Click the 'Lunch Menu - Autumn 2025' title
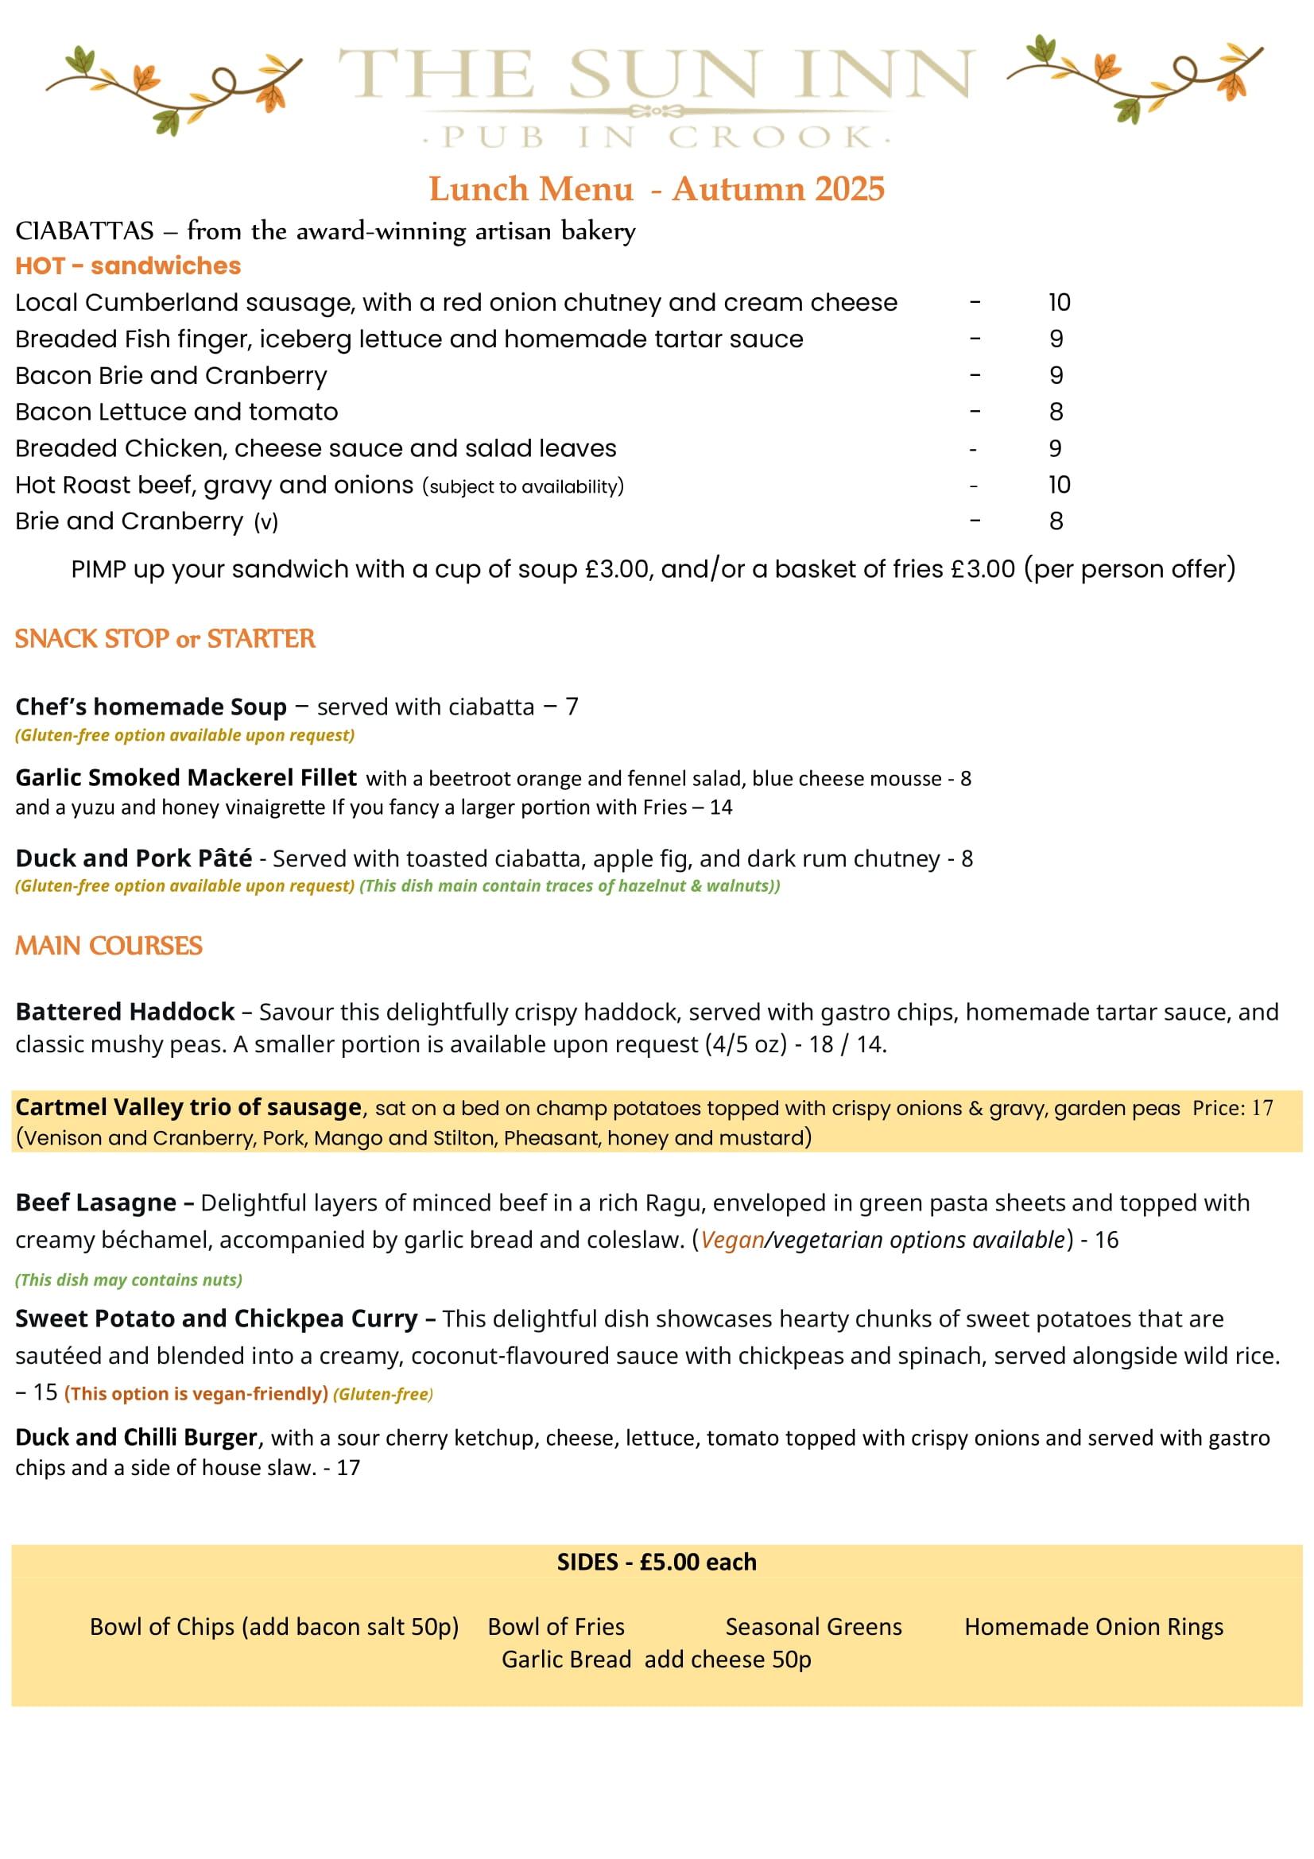(656, 189)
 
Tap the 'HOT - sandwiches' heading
(128, 265)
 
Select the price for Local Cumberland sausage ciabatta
(1058, 303)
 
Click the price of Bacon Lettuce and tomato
(1056, 412)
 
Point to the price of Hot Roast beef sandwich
(1058, 485)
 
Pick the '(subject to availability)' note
(522, 486)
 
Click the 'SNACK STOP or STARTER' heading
(165, 639)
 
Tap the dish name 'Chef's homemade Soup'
(150, 707)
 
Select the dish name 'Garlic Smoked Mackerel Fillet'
(185, 777)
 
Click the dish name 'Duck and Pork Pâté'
(134, 858)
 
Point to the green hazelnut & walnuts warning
(569, 885)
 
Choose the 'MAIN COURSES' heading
(108, 946)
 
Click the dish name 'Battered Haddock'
(125, 1012)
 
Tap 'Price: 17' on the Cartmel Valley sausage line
(1232, 1108)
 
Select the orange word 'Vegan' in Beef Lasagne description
(732, 1240)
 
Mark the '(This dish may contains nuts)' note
(129, 1280)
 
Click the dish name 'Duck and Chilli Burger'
(136, 1437)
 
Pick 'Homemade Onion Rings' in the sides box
(1093, 1627)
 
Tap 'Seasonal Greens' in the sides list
(813, 1627)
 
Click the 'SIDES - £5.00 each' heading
(656, 1562)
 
